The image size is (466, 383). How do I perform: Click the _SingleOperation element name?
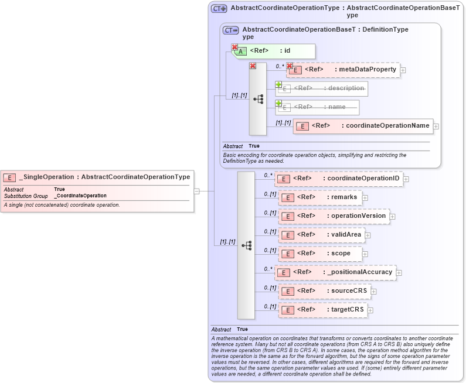pos(47,177)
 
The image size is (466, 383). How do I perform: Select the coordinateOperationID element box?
pos(338,179)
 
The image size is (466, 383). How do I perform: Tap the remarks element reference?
pos(320,197)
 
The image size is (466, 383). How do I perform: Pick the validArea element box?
pos(322,235)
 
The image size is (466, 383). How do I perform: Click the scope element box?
pos(319,254)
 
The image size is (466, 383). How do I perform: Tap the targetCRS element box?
pos(322,310)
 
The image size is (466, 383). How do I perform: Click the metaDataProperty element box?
pos(343,70)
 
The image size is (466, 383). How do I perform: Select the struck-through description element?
pos(321,88)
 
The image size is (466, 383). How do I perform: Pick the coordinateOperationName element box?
pos(363,126)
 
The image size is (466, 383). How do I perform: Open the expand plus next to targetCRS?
pos(370,310)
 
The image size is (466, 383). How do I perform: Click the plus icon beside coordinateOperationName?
pos(436,126)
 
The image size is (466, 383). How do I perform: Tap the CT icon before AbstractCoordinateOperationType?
pos(219,9)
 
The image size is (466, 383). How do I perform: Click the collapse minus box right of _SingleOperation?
pos(196,190)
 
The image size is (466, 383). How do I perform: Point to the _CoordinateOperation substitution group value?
pos(80,196)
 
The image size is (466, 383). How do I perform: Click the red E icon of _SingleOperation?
pos(10,177)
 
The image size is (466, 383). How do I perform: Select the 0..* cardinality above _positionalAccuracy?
pos(268,268)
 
